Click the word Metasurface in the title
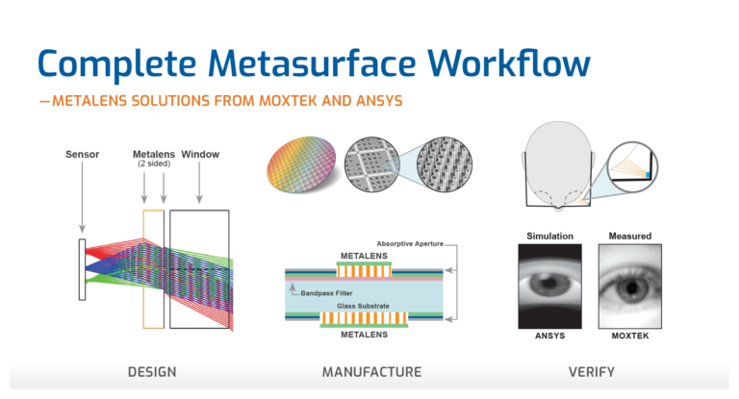point(312,63)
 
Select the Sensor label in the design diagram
point(82,154)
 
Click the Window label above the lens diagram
point(200,154)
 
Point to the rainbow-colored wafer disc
point(301,164)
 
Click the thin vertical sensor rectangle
point(82,269)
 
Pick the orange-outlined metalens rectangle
point(154,269)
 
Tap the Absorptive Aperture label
point(410,243)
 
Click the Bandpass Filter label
point(326,293)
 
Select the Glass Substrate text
point(363,306)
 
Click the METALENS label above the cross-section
point(364,256)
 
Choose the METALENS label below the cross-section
point(364,335)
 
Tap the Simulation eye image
point(549,287)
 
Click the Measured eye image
point(630,287)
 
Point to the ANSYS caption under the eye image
point(549,336)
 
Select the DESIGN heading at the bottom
point(152,372)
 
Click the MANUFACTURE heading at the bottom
point(371,372)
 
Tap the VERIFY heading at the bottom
point(592,372)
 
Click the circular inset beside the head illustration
point(632,166)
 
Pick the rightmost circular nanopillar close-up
point(445,164)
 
